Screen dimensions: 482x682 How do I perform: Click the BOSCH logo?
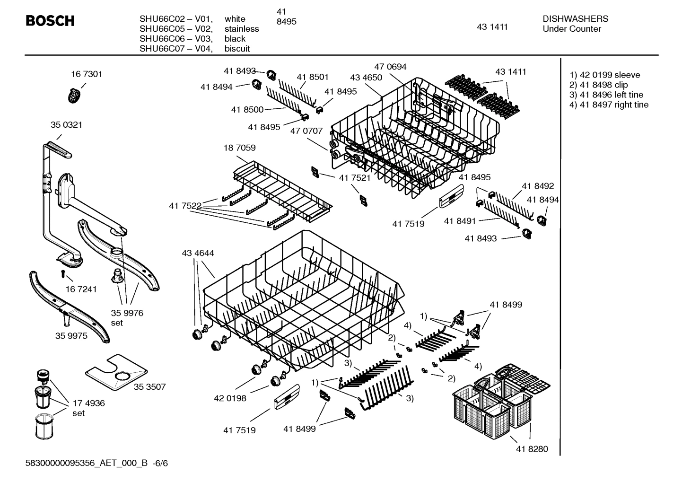pos(50,21)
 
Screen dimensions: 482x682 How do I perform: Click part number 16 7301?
pos(87,74)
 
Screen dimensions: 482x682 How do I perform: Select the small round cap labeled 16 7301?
pos(74,96)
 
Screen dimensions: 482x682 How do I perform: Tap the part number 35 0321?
pos(66,125)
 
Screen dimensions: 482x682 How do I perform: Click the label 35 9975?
pos(71,335)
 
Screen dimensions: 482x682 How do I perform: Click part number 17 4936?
pos(88,403)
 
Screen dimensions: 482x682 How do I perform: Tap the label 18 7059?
pos(239,148)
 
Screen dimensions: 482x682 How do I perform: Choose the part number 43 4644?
pos(198,253)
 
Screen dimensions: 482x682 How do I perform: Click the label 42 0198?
pos(230,398)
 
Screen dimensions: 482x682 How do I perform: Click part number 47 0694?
pos(390,67)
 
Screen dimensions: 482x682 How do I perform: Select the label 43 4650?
pos(366,77)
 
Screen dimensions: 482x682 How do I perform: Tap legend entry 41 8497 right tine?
pos(609,105)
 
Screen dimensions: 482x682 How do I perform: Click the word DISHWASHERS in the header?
pos(575,19)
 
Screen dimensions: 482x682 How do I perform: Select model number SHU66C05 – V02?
pos(176,29)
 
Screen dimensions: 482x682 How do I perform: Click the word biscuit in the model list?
pos(237,49)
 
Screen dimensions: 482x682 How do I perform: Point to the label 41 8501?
pos(313,77)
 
